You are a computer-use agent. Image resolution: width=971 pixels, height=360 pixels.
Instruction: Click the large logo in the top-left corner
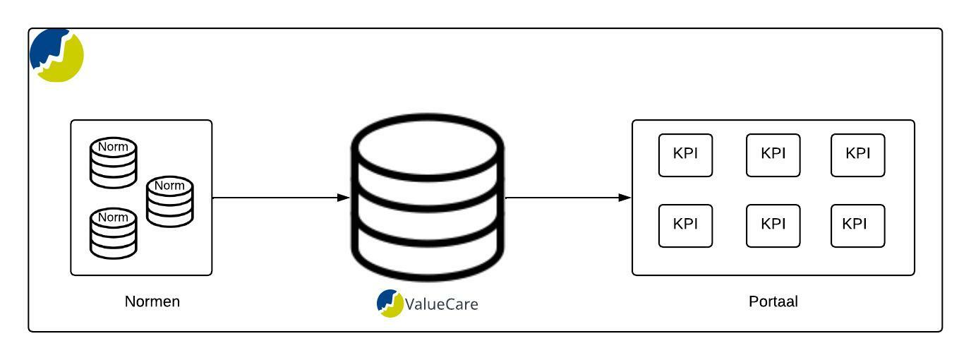[56, 55]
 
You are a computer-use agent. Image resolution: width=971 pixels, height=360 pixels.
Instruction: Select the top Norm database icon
[113, 163]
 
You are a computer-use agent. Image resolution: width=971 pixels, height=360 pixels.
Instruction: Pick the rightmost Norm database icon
[169, 202]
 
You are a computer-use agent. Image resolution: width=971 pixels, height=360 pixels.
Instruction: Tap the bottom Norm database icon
[113, 232]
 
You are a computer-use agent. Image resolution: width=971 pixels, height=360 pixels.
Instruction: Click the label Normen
[152, 301]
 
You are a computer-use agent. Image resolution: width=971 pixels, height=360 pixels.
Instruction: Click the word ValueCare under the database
[442, 304]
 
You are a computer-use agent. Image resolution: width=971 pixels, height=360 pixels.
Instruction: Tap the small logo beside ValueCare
[390, 303]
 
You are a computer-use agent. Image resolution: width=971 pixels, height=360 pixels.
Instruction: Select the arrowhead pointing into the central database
[344, 198]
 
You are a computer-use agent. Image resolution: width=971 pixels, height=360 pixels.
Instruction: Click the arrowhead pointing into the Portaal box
[625, 198]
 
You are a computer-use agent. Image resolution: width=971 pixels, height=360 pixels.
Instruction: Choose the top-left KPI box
[685, 155]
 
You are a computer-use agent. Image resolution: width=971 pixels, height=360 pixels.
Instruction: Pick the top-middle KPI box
[773, 155]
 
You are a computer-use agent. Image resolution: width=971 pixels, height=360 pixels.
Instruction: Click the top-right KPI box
[857, 155]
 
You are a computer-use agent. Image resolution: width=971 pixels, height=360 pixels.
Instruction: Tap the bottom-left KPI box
[685, 226]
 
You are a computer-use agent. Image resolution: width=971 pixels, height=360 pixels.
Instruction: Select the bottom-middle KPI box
[773, 226]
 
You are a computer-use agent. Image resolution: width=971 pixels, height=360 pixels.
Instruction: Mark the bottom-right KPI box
[857, 226]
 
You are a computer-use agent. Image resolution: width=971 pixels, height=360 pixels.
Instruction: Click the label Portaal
[773, 301]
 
